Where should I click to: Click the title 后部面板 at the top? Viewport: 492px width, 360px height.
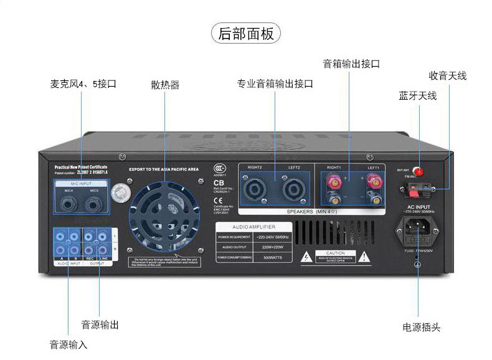[x=246, y=33]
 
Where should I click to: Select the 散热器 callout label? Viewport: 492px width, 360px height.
[x=165, y=85]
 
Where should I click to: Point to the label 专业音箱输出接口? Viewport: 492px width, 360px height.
[x=275, y=83]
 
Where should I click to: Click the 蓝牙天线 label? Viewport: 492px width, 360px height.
[x=418, y=96]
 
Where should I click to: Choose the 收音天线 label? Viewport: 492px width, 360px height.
[x=447, y=76]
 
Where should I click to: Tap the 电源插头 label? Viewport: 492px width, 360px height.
[x=422, y=327]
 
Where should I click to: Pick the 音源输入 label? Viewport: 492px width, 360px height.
[x=69, y=344]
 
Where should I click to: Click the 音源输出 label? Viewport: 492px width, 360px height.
[x=100, y=324]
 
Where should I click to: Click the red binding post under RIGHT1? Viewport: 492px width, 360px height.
[x=334, y=182]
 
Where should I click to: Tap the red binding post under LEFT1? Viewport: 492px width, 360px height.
[x=374, y=182]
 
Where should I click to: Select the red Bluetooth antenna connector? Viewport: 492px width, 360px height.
[x=419, y=171]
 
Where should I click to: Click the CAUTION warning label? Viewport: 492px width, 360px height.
[x=334, y=256]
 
